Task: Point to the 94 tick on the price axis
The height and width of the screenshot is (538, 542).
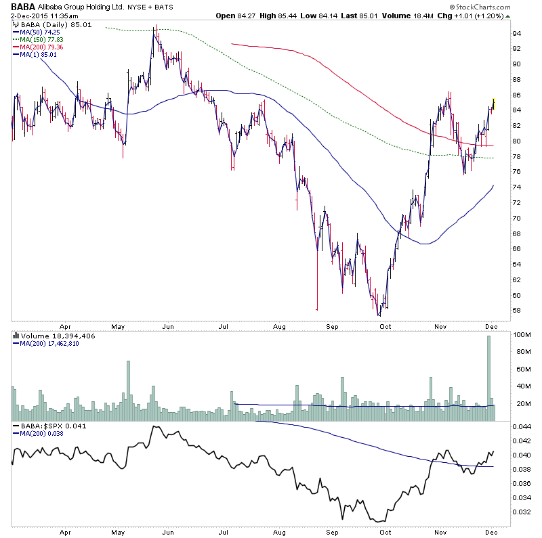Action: [516, 33]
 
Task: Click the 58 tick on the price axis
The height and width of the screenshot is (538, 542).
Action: [516, 311]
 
